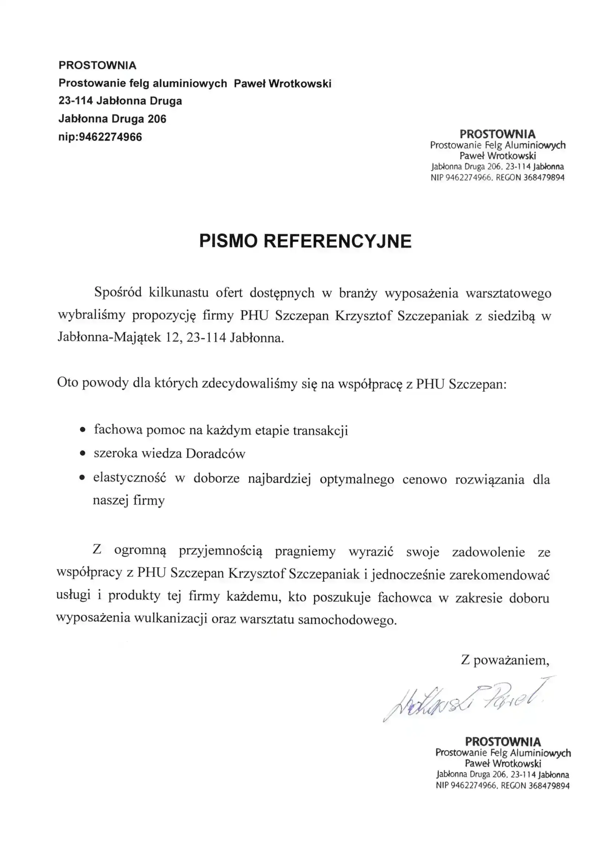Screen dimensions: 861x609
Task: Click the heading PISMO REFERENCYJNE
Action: (305, 241)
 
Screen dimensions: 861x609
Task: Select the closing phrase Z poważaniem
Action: (505, 660)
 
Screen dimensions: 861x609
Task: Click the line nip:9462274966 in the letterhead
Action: (100, 137)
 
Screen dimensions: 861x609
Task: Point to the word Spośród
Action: (118, 292)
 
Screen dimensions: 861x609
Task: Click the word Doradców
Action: (216, 454)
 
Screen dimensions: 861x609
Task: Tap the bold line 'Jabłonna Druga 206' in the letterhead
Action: (112, 119)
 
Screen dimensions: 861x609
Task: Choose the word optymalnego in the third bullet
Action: (357, 479)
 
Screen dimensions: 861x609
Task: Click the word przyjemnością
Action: (221, 552)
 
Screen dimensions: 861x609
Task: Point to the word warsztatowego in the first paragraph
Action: (508, 293)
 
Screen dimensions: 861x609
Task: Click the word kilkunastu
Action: (179, 292)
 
